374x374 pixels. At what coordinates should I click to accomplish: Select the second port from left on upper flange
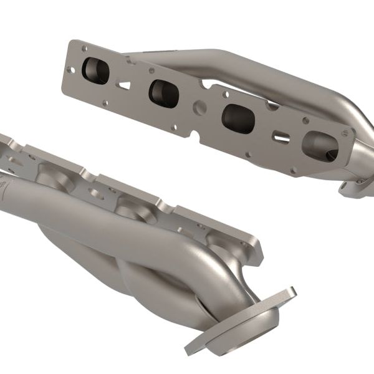point(163,93)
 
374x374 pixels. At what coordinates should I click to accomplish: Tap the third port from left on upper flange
point(237,118)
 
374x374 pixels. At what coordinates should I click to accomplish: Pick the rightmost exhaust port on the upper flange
point(319,145)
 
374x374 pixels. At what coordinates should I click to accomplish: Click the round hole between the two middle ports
point(200,107)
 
